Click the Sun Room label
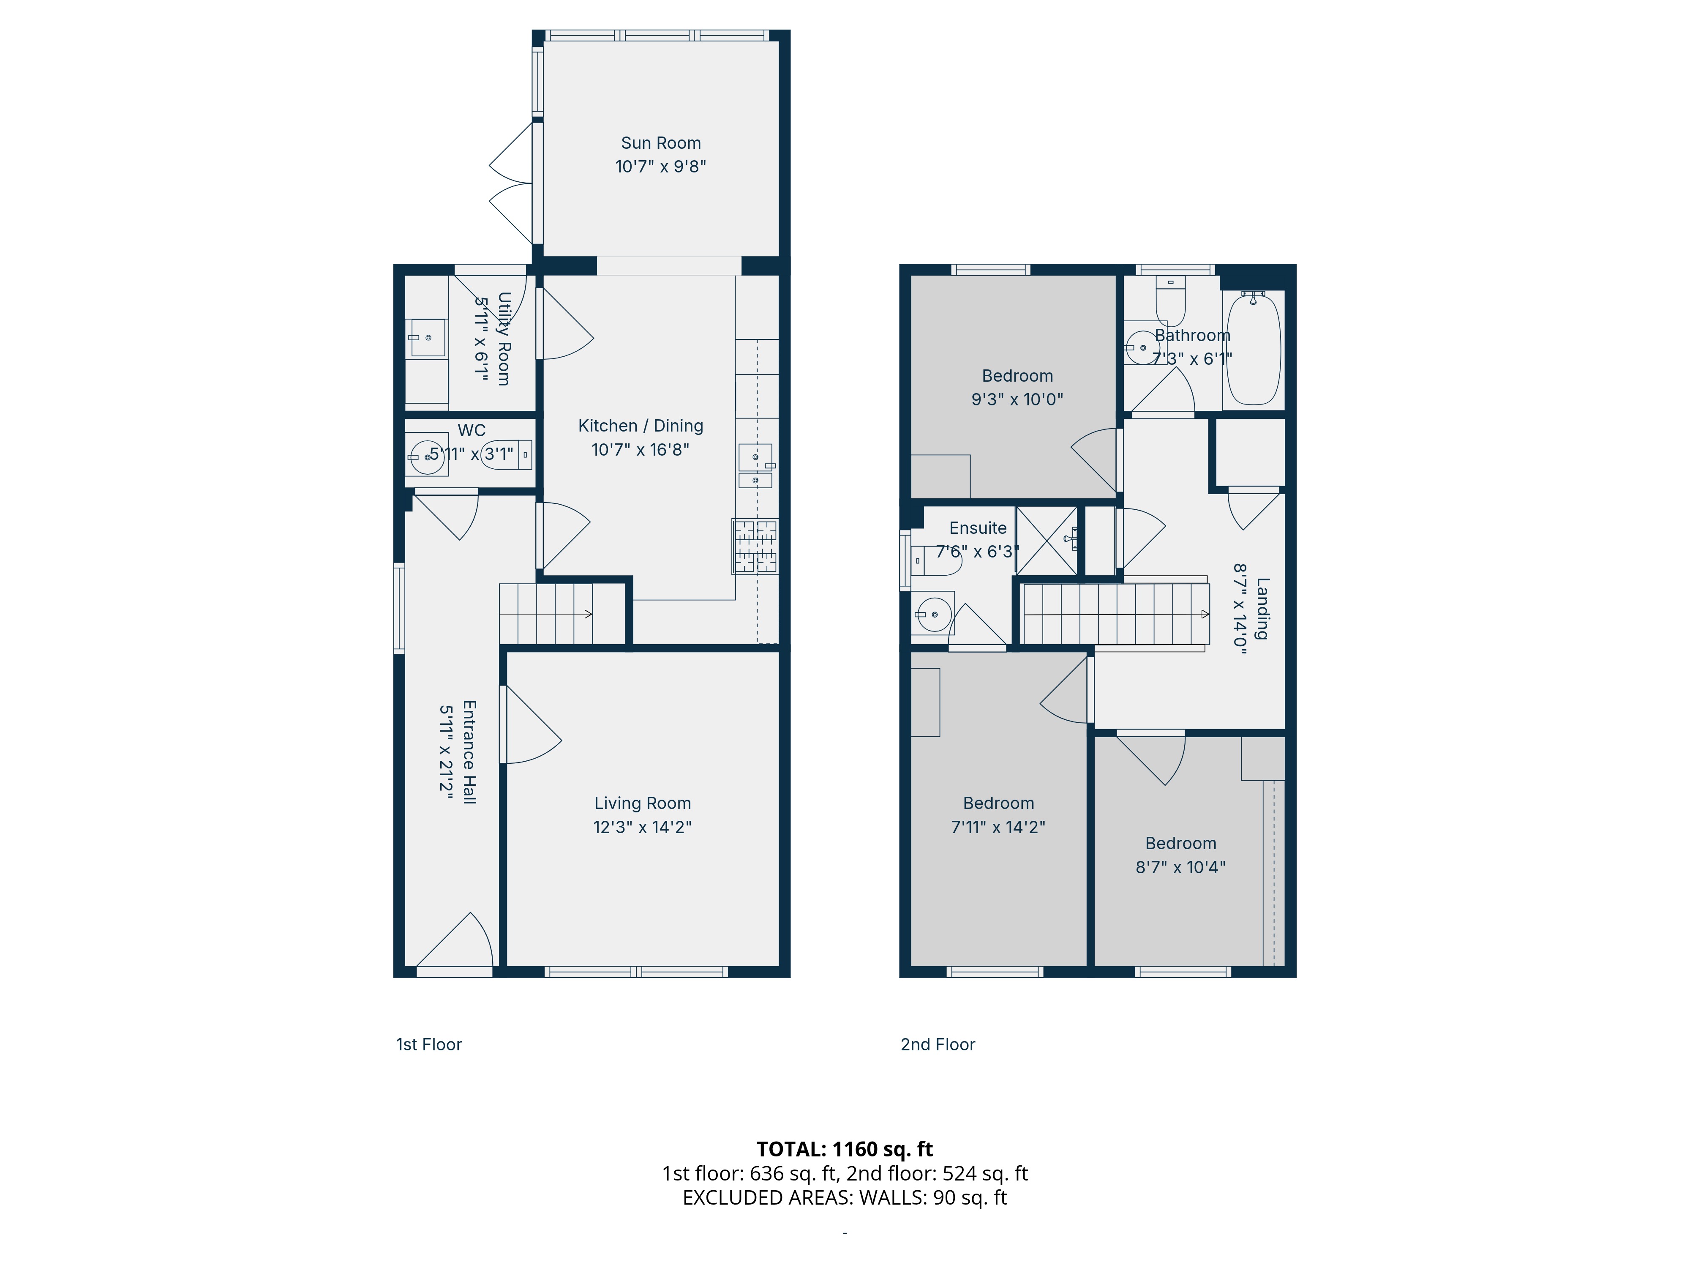click(661, 143)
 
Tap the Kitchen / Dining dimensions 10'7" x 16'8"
click(640, 449)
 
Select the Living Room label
click(643, 803)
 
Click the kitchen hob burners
click(755, 547)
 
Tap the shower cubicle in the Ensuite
click(1047, 540)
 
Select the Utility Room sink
click(428, 338)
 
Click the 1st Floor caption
click(428, 1045)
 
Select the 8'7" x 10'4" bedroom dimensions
click(1180, 867)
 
